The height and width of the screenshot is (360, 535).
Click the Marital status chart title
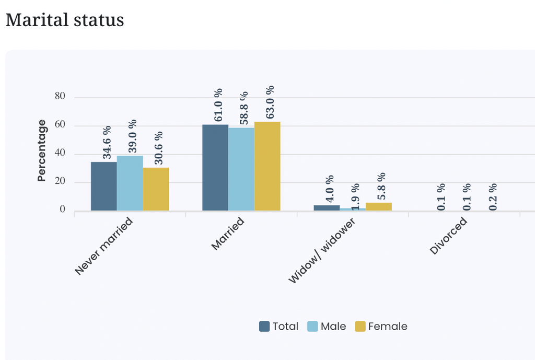[65, 20]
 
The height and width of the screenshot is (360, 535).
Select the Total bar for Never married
[104, 187]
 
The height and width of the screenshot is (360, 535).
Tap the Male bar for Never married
[130, 183]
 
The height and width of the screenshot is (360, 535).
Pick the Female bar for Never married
[156, 189]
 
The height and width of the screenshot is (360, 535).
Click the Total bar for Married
[215, 168]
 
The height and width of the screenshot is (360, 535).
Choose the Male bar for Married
[241, 169]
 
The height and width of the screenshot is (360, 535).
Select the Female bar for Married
[267, 166]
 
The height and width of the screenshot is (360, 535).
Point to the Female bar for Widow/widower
[379, 207]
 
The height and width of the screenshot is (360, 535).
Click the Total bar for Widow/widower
[327, 208]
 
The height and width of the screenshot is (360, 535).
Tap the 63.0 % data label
[270, 102]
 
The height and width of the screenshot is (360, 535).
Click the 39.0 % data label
[132, 136]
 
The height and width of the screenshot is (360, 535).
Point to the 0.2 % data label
[493, 197]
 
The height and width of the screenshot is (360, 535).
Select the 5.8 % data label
[381, 187]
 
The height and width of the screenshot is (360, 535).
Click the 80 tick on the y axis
[60, 96]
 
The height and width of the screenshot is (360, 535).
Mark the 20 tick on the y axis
[60, 181]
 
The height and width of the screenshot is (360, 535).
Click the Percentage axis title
[42, 150]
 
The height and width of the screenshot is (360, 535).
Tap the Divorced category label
[448, 236]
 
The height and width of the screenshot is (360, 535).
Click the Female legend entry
[381, 327]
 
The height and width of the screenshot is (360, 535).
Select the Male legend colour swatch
[312, 327]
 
